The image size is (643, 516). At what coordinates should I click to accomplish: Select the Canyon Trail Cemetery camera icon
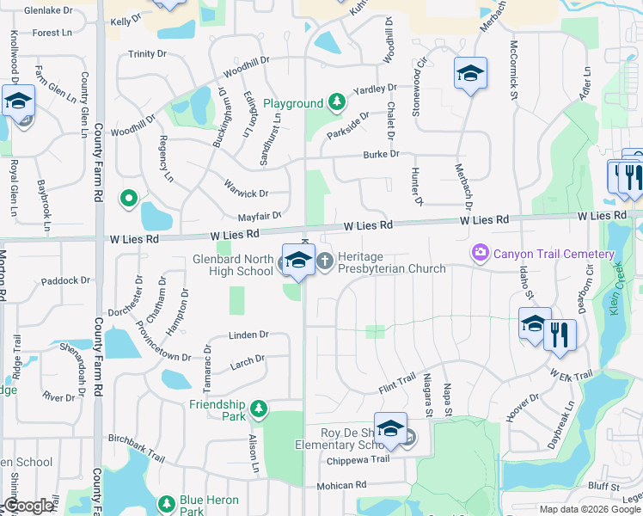click(x=479, y=254)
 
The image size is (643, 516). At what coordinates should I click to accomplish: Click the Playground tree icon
click(x=338, y=103)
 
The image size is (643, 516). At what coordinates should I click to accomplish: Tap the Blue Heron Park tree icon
click(x=166, y=501)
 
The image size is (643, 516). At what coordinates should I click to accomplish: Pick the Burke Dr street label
click(x=381, y=154)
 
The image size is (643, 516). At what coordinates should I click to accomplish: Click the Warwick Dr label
click(x=247, y=193)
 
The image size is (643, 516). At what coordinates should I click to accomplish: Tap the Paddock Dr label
click(x=65, y=280)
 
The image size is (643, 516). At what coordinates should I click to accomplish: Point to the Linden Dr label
click(x=249, y=335)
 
